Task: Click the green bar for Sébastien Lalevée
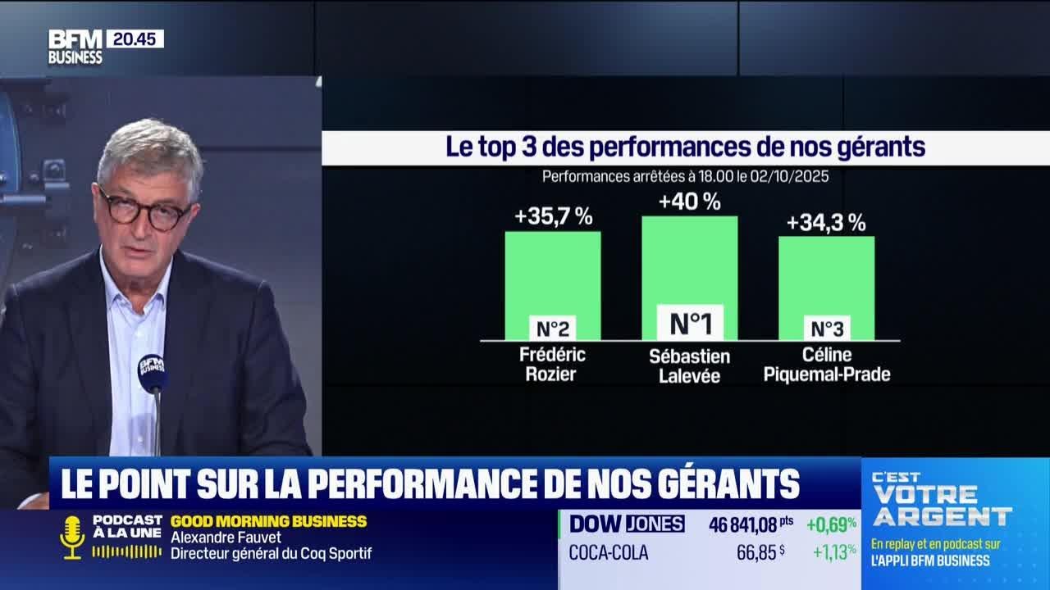click(x=689, y=262)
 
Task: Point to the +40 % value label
click(x=689, y=202)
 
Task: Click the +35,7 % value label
click(x=553, y=217)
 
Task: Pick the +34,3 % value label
click(x=826, y=222)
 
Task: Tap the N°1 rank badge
click(x=690, y=323)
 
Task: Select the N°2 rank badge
click(x=553, y=329)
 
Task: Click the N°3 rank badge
click(x=827, y=329)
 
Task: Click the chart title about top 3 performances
click(x=685, y=147)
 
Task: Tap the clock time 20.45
click(x=135, y=39)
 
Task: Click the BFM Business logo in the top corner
click(x=75, y=47)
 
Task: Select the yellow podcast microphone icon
click(x=72, y=537)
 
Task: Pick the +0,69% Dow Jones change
click(x=831, y=524)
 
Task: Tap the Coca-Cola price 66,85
click(x=756, y=553)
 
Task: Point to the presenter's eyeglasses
click(x=144, y=208)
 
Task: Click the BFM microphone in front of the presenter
click(x=152, y=373)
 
